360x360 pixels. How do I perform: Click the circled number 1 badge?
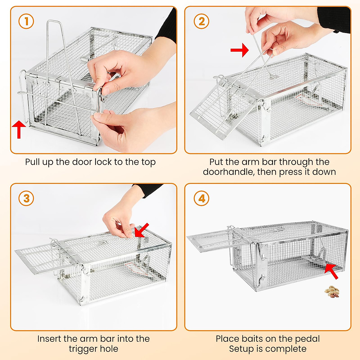(x=26, y=21)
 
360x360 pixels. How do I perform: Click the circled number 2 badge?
(x=202, y=21)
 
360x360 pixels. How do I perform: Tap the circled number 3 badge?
(x=26, y=198)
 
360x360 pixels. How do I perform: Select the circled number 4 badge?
(x=202, y=198)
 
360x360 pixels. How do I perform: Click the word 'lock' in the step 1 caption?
(x=103, y=162)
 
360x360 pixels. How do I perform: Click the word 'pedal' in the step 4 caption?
(x=307, y=339)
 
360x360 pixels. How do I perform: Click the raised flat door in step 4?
(x=210, y=240)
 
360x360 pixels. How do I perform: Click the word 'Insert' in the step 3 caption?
(x=49, y=339)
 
